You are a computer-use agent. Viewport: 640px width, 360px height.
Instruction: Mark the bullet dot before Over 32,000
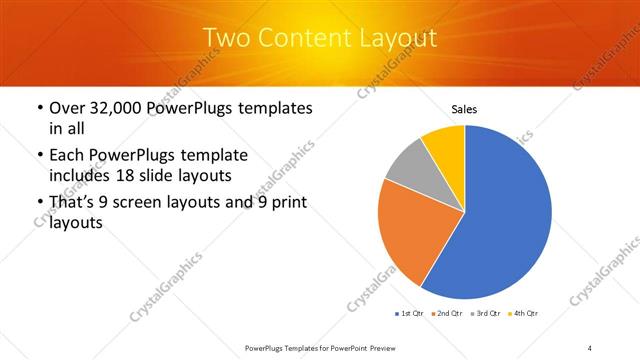38,108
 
